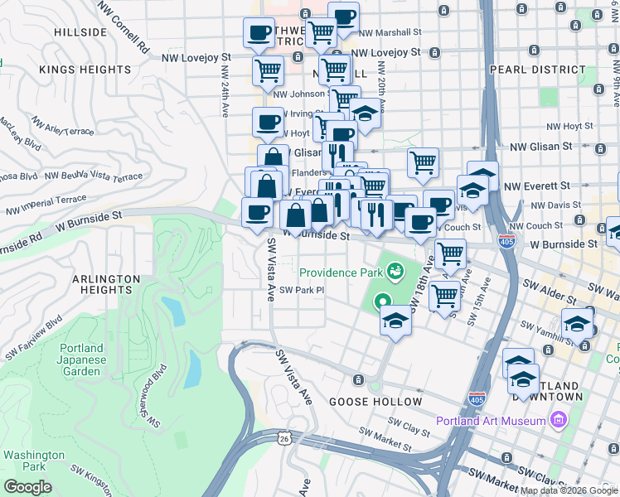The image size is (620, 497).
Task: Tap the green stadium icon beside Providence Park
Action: coord(396,271)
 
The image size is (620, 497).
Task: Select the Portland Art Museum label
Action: coord(492,421)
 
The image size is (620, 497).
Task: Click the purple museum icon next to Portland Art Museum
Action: coord(559,421)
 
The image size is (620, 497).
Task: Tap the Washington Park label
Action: coord(33,461)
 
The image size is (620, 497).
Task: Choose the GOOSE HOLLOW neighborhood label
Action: coord(375,402)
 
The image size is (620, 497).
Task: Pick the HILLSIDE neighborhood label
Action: coord(80,32)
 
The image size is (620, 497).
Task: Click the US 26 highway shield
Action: coord(283,439)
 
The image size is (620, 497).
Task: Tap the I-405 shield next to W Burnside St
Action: coord(506,242)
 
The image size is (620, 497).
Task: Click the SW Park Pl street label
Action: coord(300,290)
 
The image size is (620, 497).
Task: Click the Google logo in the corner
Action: coord(28,487)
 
